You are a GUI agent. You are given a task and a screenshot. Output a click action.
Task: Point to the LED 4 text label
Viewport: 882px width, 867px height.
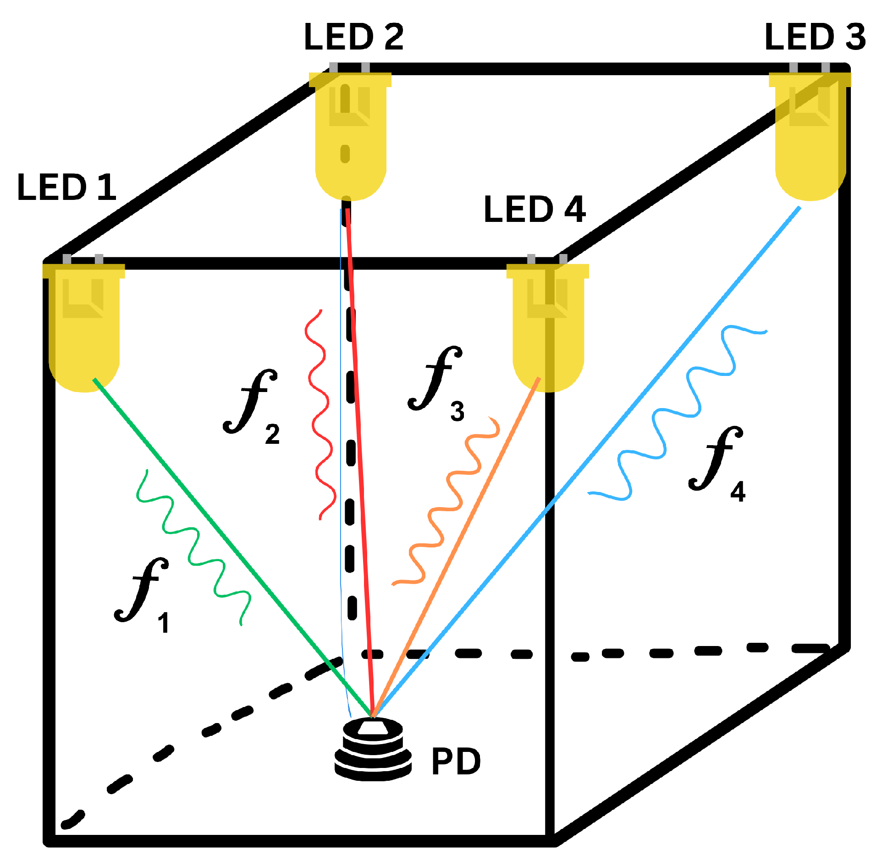point(535,210)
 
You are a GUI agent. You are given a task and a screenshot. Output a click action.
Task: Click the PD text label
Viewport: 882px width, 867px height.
point(456,762)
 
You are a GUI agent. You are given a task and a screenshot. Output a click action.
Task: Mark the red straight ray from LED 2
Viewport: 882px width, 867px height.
point(360,458)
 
